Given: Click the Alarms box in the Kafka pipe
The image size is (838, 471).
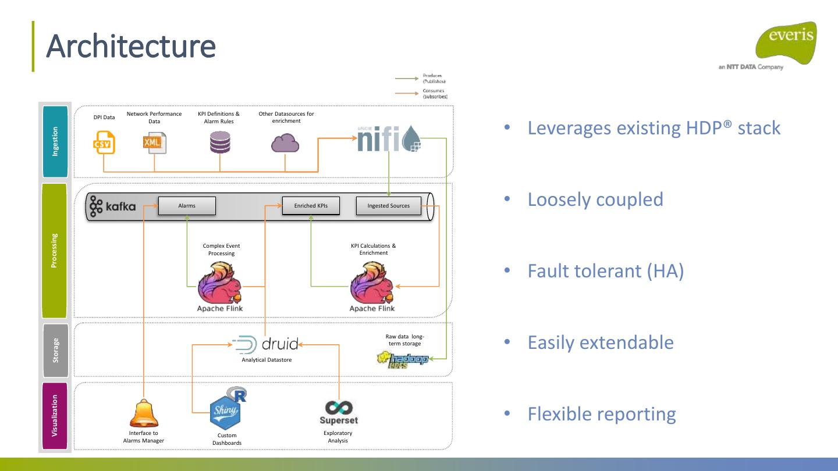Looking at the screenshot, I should tap(187, 206).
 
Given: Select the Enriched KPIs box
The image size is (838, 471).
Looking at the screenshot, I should tap(311, 206).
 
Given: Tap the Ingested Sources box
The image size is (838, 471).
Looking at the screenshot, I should tap(388, 206).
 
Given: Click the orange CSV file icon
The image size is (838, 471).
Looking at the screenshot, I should tap(105, 142).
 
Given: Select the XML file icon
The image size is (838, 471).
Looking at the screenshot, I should tap(154, 142).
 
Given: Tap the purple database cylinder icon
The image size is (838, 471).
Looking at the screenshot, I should tap(220, 142).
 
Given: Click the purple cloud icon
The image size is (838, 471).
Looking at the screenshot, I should tap(285, 142).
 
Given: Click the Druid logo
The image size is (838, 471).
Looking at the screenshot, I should tap(266, 344).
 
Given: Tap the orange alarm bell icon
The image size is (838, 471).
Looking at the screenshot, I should tap(144, 413).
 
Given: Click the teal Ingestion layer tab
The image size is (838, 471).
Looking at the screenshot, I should tap(55, 141).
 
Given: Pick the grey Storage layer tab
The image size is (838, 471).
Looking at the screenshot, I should tap(55, 350).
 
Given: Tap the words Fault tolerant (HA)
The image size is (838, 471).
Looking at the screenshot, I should tap(605, 271).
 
